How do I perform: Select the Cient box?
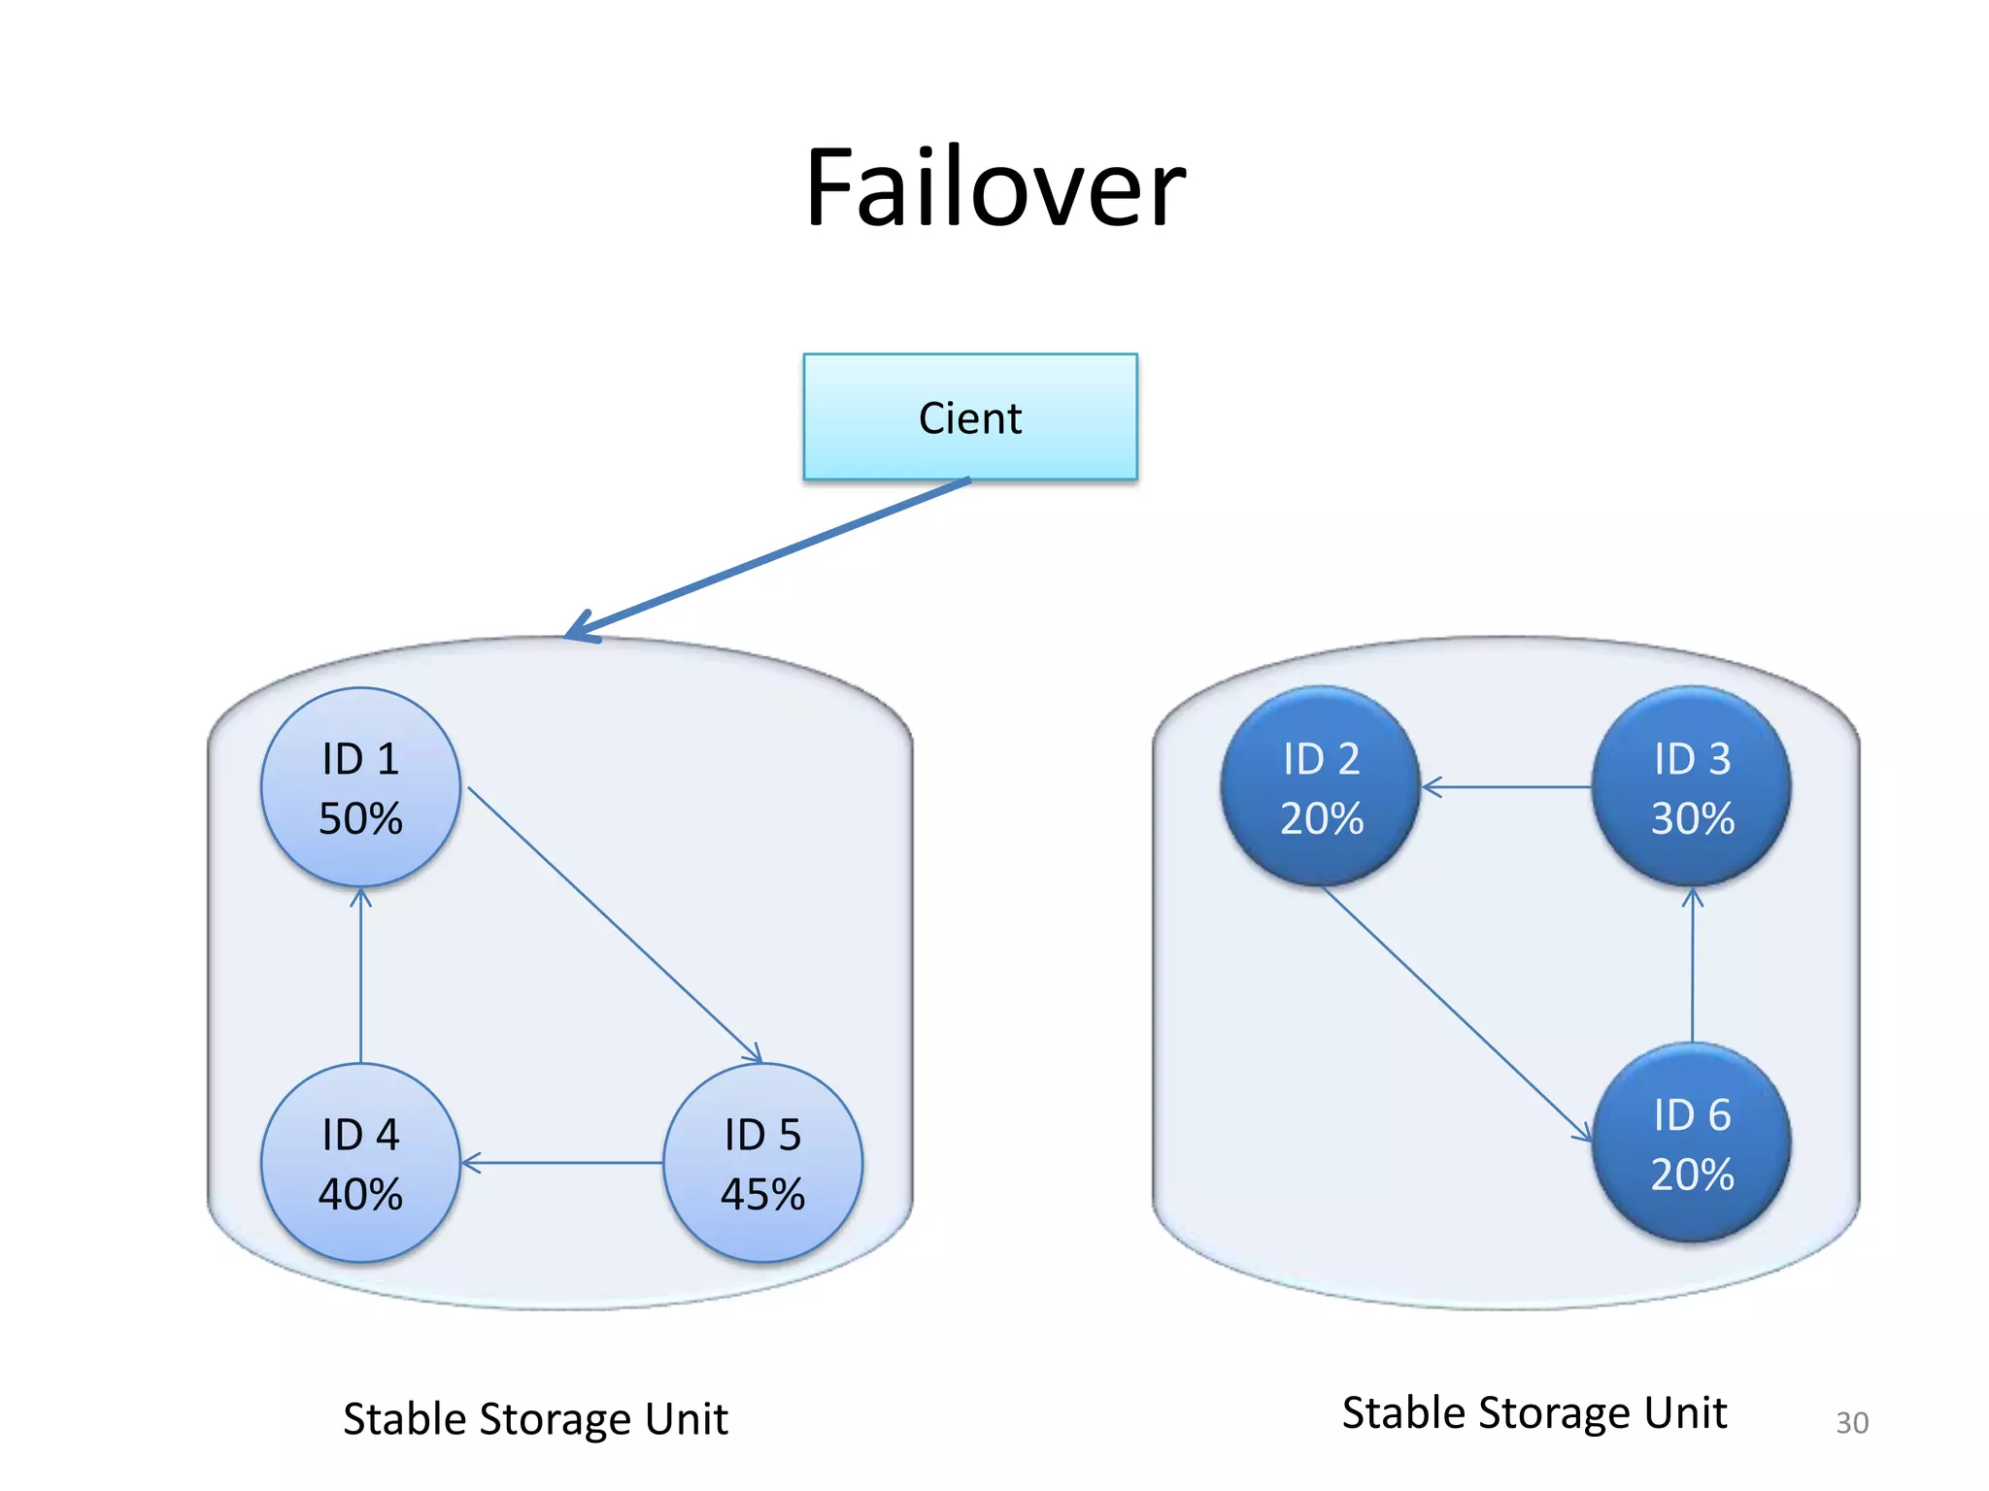(x=969, y=417)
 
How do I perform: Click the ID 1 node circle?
(x=360, y=786)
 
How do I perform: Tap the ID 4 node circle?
(x=360, y=1162)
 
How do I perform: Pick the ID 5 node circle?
(x=762, y=1162)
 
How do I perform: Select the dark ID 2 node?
(x=1320, y=786)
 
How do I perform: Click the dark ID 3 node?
(x=1692, y=786)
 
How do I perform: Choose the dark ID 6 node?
(x=1692, y=1143)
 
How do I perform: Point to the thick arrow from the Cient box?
(x=767, y=558)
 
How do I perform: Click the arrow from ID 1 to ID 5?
(x=614, y=924)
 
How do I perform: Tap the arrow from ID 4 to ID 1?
(x=360, y=975)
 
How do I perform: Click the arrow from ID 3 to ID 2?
(x=1505, y=786)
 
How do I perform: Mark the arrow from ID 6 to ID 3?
(x=1692, y=965)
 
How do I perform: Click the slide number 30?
(x=1851, y=1422)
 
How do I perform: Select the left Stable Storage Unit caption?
(x=535, y=1419)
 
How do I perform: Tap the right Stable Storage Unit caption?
(x=1534, y=1412)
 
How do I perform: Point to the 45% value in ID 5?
(x=762, y=1194)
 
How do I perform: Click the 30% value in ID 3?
(x=1692, y=818)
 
